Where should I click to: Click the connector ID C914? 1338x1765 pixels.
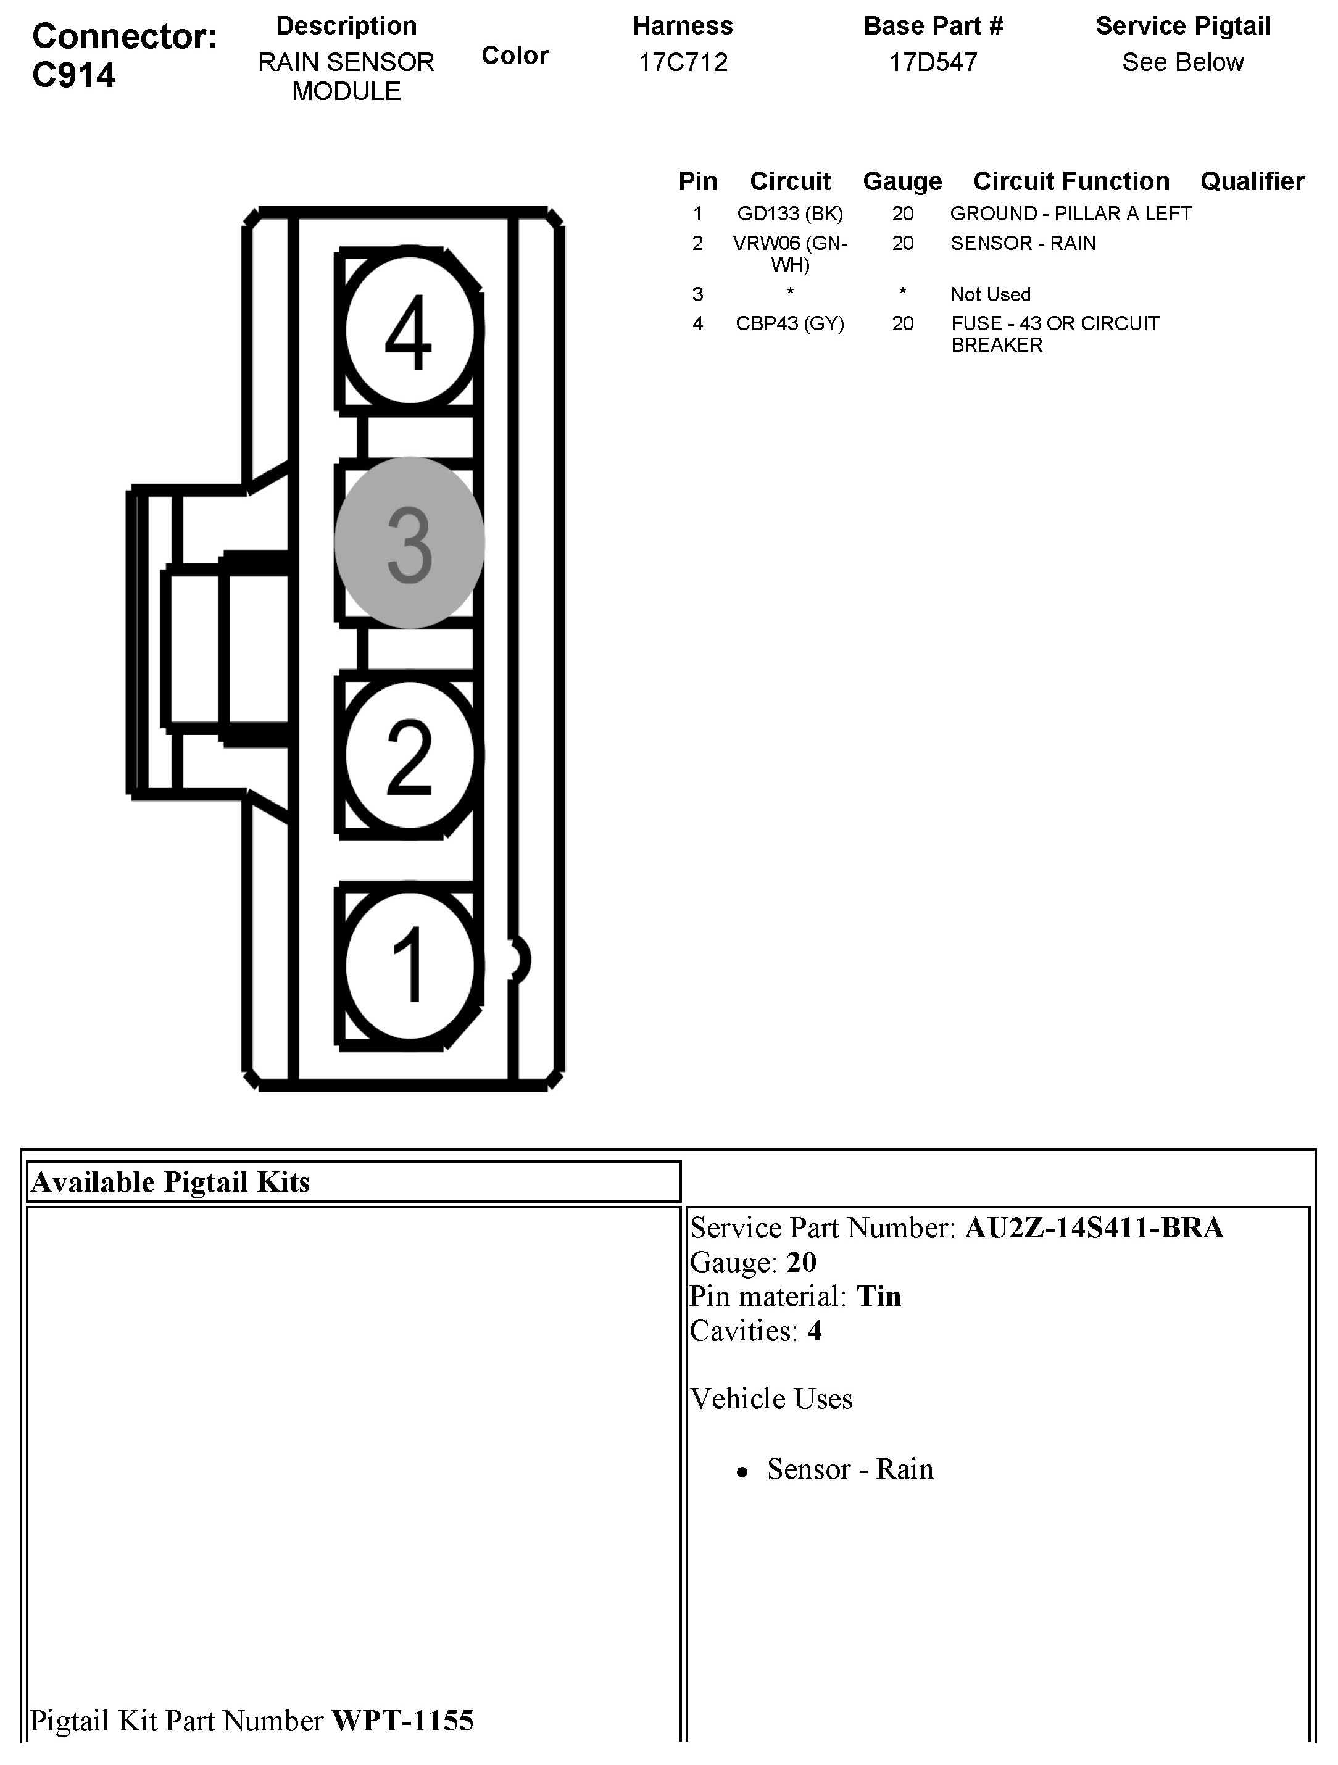(x=74, y=75)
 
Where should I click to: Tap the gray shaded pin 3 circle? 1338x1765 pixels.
(x=409, y=542)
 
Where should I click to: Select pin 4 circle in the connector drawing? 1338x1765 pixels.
(x=409, y=331)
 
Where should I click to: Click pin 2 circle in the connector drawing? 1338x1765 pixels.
(x=409, y=755)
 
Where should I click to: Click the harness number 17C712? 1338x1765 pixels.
(x=683, y=62)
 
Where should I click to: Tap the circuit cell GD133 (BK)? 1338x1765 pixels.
(x=790, y=214)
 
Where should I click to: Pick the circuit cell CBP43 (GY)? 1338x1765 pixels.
(x=790, y=323)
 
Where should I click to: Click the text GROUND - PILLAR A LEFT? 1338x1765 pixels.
(x=1071, y=214)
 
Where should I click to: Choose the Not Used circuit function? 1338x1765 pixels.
(x=990, y=294)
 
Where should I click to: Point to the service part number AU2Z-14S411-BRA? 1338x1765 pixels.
(x=1094, y=1227)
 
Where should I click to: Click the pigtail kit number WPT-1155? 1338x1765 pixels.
(x=403, y=1721)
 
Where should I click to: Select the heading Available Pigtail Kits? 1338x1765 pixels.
(x=170, y=1182)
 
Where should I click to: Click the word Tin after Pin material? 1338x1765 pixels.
(x=878, y=1296)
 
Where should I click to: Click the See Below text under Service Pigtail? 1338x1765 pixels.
(x=1182, y=62)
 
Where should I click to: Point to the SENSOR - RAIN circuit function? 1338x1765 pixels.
(x=1023, y=243)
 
